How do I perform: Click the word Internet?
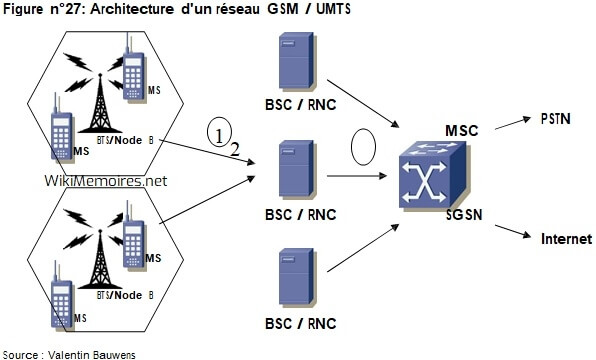click(x=566, y=239)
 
